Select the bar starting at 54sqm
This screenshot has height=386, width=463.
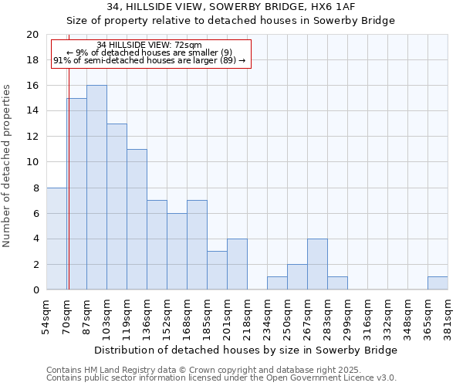click(56, 239)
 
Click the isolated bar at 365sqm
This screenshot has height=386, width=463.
click(438, 283)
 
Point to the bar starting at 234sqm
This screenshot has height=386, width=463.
click(277, 283)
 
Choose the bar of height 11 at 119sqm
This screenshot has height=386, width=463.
click(137, 219)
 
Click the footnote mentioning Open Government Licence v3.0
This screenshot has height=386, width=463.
click(221, 378)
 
